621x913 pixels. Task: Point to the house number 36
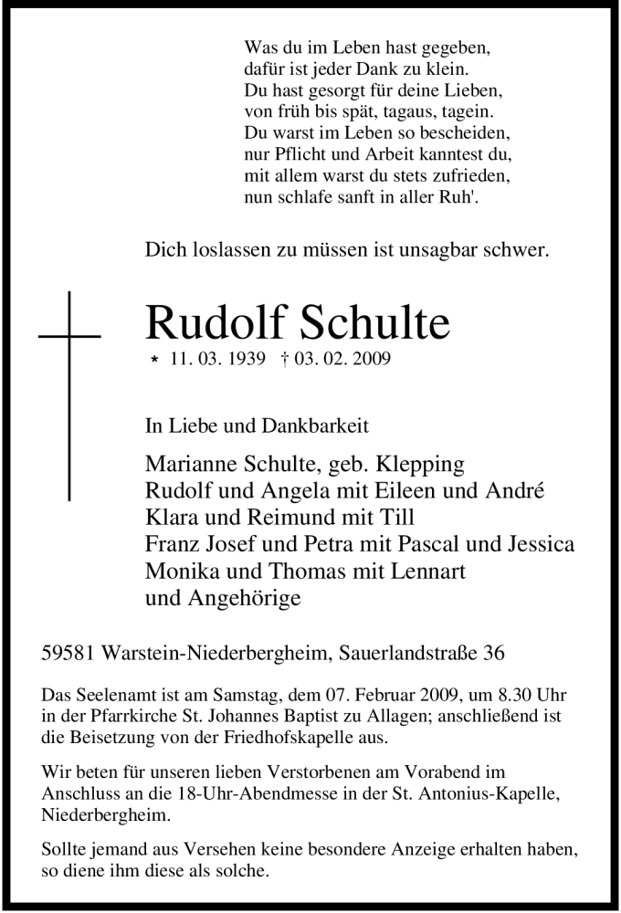point(492,654)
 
